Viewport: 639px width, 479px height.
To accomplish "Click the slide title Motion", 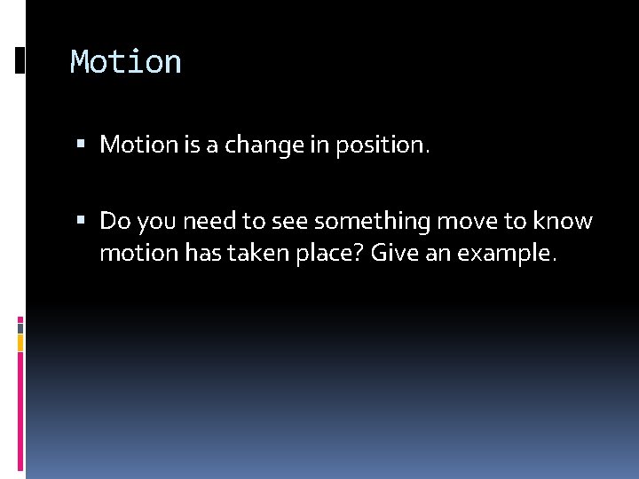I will (x=126, y=62).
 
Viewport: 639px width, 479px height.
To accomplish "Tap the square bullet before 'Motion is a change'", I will (x=81, y=145).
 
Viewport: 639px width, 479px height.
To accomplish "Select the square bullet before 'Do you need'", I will (x=81, y=220).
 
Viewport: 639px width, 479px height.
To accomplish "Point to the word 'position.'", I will (x=382, y=145).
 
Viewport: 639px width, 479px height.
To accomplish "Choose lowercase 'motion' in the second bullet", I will (x=138, y=255).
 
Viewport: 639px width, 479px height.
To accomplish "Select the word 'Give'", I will (x=392, y=255).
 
